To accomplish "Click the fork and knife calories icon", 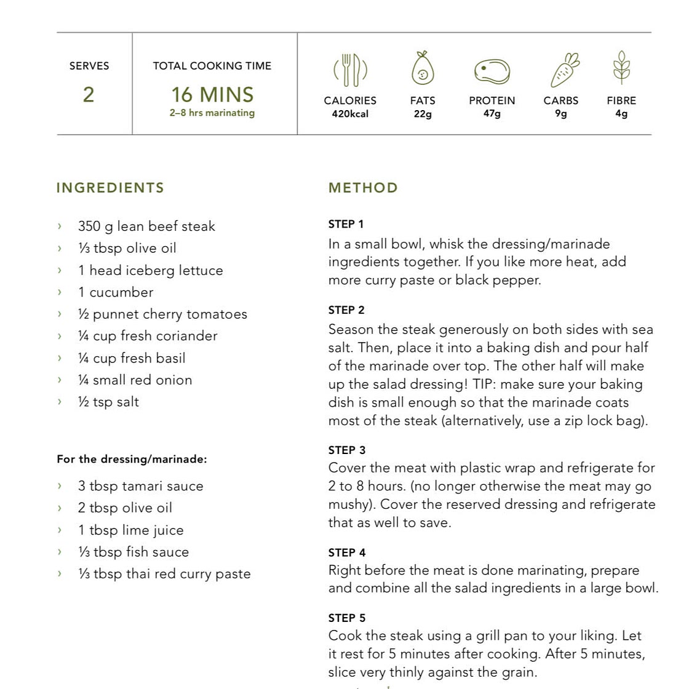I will [x=350, y=70].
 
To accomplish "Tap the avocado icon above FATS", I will [x=423, y=69].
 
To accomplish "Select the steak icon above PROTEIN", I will [x=492, y=71].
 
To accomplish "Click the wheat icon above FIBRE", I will [x=621, y=68].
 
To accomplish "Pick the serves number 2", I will [x=89, y=95].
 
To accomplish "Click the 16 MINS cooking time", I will [x=212, y=95].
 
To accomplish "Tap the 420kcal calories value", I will [x=350, y=114].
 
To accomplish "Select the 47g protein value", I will [x=492, y=114].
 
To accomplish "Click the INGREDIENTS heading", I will [x=110, y=188].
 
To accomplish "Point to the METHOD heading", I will [x=363, y=188].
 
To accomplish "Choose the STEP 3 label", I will [x=347, y=450].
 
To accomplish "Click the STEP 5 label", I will [x=347, y=618].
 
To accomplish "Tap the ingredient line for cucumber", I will [x=115, y=292].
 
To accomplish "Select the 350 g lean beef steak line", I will [x=146, y=226].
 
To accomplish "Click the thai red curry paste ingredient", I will [x=164, y=574].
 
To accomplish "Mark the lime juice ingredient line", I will [x=130, y=530].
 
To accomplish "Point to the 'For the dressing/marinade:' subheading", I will [x=132, y=460].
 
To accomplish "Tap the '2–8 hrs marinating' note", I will [x=212, y=113].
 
